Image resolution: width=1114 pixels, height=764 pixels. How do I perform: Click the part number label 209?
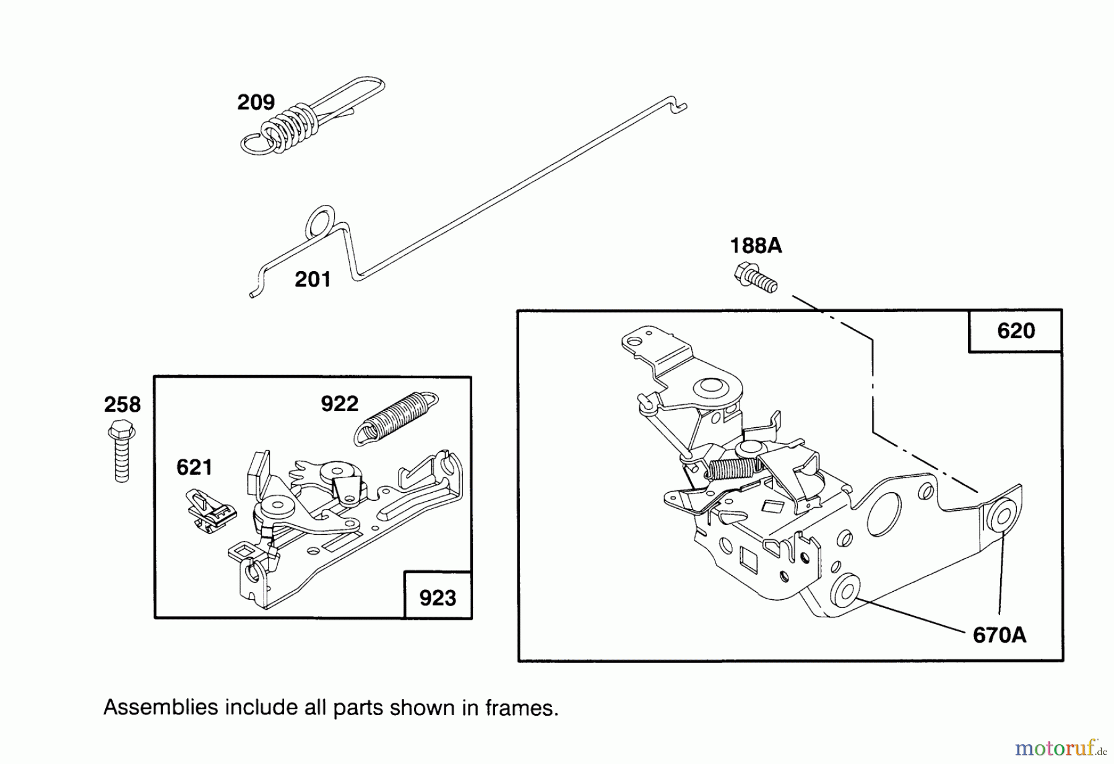coord(256,102)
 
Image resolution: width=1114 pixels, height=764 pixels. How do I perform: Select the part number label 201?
coord(313,280)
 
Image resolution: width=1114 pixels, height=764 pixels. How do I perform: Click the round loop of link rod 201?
coord(321,222)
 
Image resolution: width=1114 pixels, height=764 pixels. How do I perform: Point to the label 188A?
coord(756,246)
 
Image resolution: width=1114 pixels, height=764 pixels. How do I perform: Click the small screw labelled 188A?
coord(755,278)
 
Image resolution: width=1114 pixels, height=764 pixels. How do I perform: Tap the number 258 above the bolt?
coord(122,405)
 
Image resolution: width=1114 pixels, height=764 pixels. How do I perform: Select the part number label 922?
coord(339,404)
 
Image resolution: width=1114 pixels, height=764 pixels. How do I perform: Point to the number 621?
coord(194,467)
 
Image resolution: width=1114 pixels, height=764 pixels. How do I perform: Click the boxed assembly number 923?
coord(438,598)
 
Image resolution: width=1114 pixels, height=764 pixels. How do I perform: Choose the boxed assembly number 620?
coord(1016,331)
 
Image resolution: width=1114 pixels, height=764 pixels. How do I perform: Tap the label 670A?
coord(1000,635)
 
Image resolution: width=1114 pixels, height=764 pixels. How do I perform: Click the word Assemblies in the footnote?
coord(160,708)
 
